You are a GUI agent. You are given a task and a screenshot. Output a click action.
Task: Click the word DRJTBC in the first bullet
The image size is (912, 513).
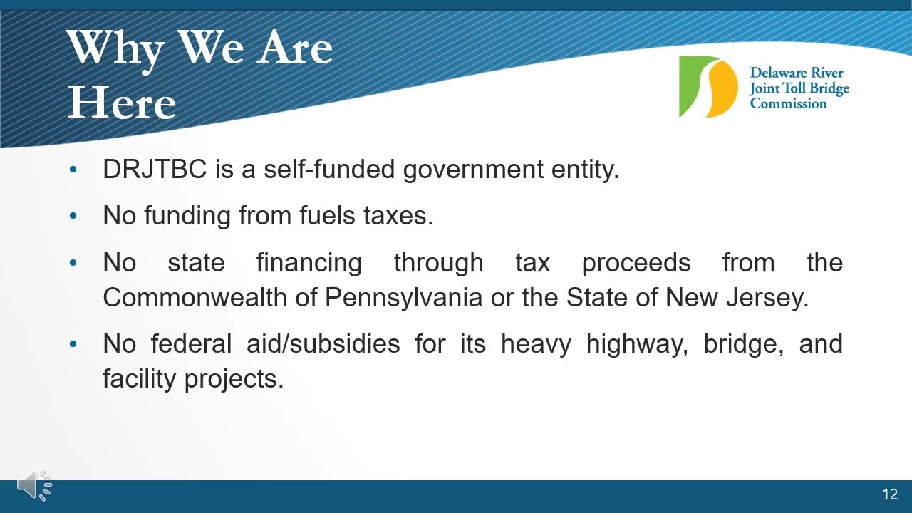pyautogui.click(x=155, y=169)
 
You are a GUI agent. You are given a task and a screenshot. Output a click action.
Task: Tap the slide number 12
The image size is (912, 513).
pyautogui.click(x=891, y=494)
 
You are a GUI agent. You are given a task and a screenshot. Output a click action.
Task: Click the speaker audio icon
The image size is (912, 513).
pyautogui.click(x=35, y=484)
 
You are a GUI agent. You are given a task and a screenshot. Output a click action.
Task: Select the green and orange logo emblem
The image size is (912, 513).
pyautogui.click(x=708, y=87)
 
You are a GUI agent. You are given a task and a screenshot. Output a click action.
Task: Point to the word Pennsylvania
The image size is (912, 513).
pyautogui.click(x=403, y=298)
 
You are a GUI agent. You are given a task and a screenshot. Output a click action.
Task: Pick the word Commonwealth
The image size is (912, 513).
pyautogui.click(x=195, y=297)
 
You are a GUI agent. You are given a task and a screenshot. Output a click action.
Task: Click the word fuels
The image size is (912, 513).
pyautogui.click(x=327, y=215)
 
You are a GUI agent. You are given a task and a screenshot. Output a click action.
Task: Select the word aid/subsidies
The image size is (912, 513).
pyautogui.click(x=323, y=343)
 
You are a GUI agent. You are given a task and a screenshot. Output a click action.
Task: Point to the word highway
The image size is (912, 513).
pyautogui.click(x=637, y=344)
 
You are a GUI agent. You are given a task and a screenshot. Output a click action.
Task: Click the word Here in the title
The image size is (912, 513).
pyautogui.click(x=122, y=102)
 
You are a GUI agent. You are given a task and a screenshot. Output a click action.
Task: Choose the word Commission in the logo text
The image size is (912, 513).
pyautogui.click(x=788, y=103)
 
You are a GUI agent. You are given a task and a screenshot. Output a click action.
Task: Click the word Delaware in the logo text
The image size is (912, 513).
pyautogui.click(x=779, y=73)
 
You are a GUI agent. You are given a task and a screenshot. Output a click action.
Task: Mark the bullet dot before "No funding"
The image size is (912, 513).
pyautogui.click(x=73, y=215)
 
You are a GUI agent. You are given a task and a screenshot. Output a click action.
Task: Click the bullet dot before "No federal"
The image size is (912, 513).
pyautogui.click(x=73, y=344)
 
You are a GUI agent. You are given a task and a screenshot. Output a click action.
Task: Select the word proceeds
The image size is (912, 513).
pyautogui.click(x=636, y=264)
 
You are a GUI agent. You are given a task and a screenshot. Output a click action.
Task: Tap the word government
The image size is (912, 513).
pyautogui.click(x=473, y=170)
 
